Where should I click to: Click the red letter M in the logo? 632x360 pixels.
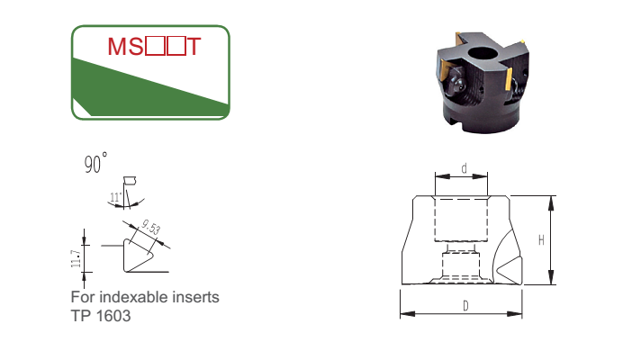click(x=117, y=47)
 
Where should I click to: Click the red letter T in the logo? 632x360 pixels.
click(x=194, y=47)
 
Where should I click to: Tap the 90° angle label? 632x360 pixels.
click(x=95, y=163)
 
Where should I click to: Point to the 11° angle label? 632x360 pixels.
click(x=115, y=197)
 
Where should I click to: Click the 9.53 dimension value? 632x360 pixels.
click(x=151, y=227)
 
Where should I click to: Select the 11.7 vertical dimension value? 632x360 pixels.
click(x=76, y=258)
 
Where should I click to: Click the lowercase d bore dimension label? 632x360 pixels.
click(x=465, y=168)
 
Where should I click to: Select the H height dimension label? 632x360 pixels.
click(x=541, y=240)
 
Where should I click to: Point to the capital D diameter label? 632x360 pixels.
click(x=465, y=306)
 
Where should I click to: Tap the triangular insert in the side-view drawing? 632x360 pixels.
click(x=510, y=269)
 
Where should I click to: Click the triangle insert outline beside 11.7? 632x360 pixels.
click(x=135, y=257)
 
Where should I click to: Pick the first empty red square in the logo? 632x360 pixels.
click(x=155, y=47)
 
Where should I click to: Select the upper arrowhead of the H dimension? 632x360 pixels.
click(x=551, y=203)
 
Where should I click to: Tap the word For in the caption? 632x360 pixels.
click(x=83, y=297)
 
